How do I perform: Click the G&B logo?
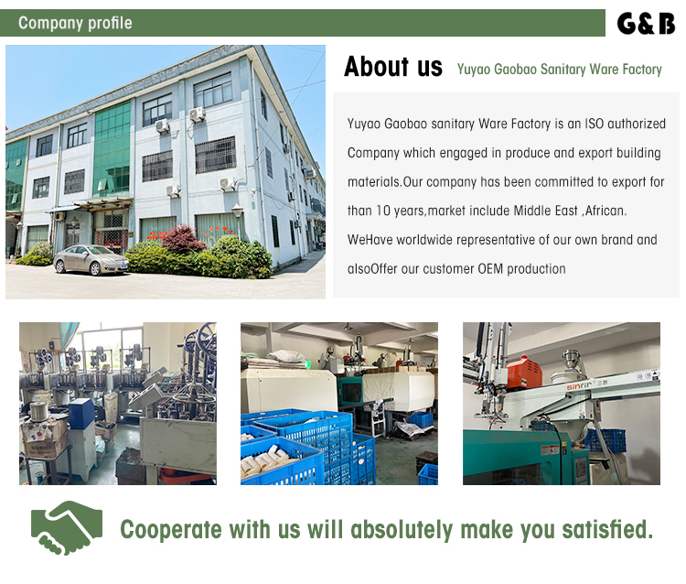point(646,24)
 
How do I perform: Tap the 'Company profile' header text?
point(75,23)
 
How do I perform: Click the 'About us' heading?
point(393,67)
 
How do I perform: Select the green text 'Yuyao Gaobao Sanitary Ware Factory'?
point(559,70)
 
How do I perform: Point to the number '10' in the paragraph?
point(383,211)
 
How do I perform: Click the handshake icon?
point(67,527)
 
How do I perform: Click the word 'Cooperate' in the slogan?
point(171,530)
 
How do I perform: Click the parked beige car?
point(91,260)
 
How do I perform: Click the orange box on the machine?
point(524,373)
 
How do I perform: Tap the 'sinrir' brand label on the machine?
point(579,386)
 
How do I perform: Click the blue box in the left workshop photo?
point(81,413)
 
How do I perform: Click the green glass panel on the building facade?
point(113,149)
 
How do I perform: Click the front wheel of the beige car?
point(94,268)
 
